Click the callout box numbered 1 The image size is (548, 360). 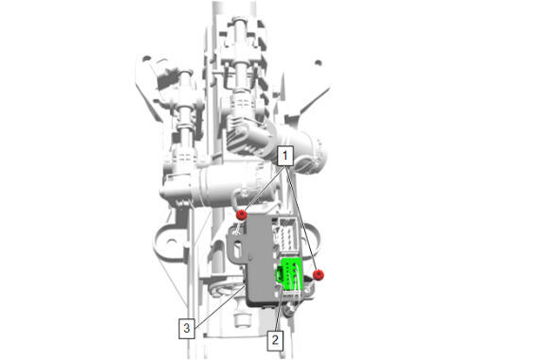tap(285, 156)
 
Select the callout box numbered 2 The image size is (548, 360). tap(275, 340)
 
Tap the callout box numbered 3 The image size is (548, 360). tap(187, 328)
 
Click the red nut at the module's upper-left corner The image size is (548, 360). tap(242, 214)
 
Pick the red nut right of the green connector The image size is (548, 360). tap(318, 275)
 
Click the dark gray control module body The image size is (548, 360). tap(259, 259)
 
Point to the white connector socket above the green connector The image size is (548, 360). tap(288, 234)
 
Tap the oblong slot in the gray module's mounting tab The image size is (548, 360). tap(240, 249)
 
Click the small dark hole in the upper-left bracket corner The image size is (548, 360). tap(146, 59)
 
